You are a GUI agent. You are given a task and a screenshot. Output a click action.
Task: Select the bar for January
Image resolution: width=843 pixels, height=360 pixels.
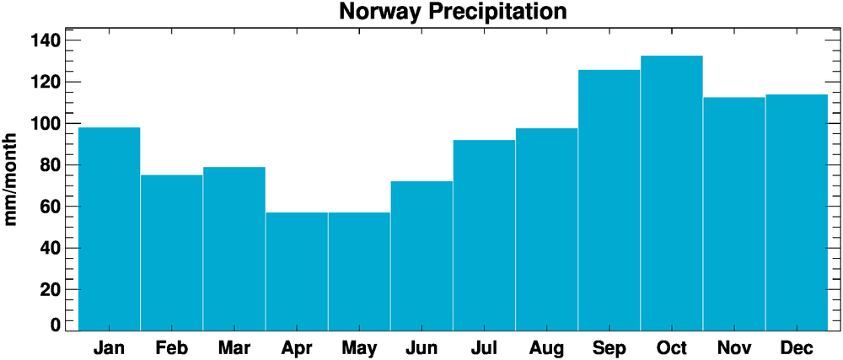pyautogui.click(x=109, y=228)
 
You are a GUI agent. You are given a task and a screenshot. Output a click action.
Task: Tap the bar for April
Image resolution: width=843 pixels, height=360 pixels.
pyautogui.click(x=297, y=271)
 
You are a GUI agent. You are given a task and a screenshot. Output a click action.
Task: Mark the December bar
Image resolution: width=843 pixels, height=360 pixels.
pyautogui.click(x=797, y=212)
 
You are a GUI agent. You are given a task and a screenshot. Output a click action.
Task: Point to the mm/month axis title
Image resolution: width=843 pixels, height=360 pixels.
pyautogui.click(x=12, y=179)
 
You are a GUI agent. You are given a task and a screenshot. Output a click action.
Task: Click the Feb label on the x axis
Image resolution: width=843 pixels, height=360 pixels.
pyautogui.click(x=171, y=347)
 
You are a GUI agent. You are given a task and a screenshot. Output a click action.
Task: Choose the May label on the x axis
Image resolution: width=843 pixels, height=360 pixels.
pyautogui.click(x=359, y=347)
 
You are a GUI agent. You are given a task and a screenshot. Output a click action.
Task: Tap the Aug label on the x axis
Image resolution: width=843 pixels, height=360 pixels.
pyautogui.click(x=546, y=347)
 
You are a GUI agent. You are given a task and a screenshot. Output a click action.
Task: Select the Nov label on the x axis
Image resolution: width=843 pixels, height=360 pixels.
pyautogui.click(x=734, y=347)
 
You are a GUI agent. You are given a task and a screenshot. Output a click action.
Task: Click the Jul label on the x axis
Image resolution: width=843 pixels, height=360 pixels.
pyautogui.click(x=484, y=347)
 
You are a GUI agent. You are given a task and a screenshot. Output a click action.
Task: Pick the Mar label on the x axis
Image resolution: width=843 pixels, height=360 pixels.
pyautogui.click(x=234, y=347)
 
